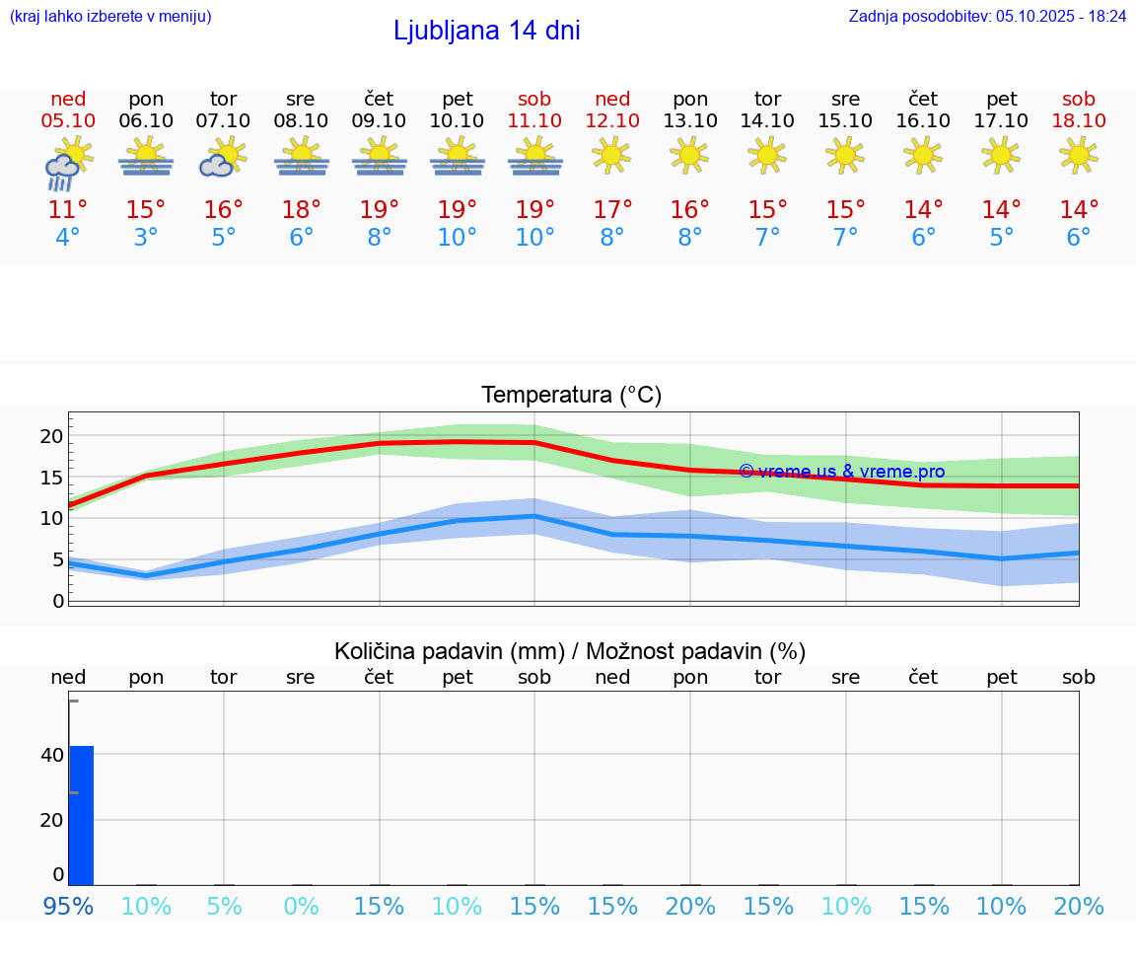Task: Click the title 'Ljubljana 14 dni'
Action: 486,31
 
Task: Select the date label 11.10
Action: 534,120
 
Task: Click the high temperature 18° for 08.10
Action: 301,210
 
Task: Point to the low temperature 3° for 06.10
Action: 146,238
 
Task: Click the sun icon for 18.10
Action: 1079,155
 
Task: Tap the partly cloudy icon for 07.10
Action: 223,158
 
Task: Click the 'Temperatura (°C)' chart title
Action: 571,396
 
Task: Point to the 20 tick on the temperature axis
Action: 51,436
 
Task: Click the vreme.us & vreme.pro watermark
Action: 841,472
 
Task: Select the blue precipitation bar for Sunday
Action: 81,815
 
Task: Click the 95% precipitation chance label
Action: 68,907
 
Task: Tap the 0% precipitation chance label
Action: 301,907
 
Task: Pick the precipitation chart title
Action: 570,651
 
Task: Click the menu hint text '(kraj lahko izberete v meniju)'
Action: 110,16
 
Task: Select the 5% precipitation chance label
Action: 224,907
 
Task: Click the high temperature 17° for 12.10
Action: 612,210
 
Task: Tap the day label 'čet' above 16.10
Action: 923,99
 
